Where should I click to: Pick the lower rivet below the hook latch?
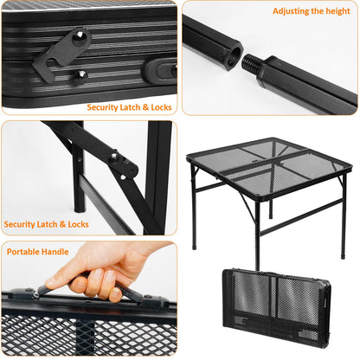coord(80,75)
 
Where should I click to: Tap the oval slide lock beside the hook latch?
coord(161,70)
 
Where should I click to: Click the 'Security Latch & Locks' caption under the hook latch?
coord(130,107)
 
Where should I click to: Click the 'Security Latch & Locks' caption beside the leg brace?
coord(46,224)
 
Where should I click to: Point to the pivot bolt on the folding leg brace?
coord(112,158)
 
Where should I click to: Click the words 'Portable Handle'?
coord(37,253)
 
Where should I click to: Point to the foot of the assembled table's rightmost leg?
coord(343,257)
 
